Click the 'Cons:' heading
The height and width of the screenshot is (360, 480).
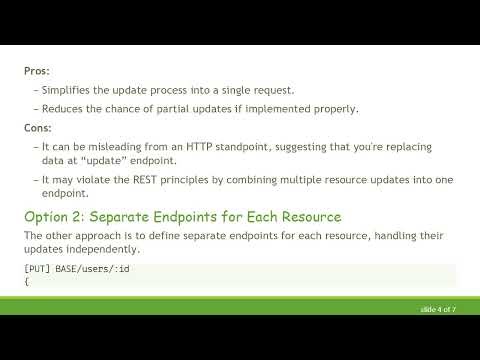pyautogui.click(x=37, y=128)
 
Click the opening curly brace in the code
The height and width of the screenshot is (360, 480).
pyautogui.click(x=26, y=282)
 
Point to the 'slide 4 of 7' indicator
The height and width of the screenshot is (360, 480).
pyautogui.click(x=438, y=310)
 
